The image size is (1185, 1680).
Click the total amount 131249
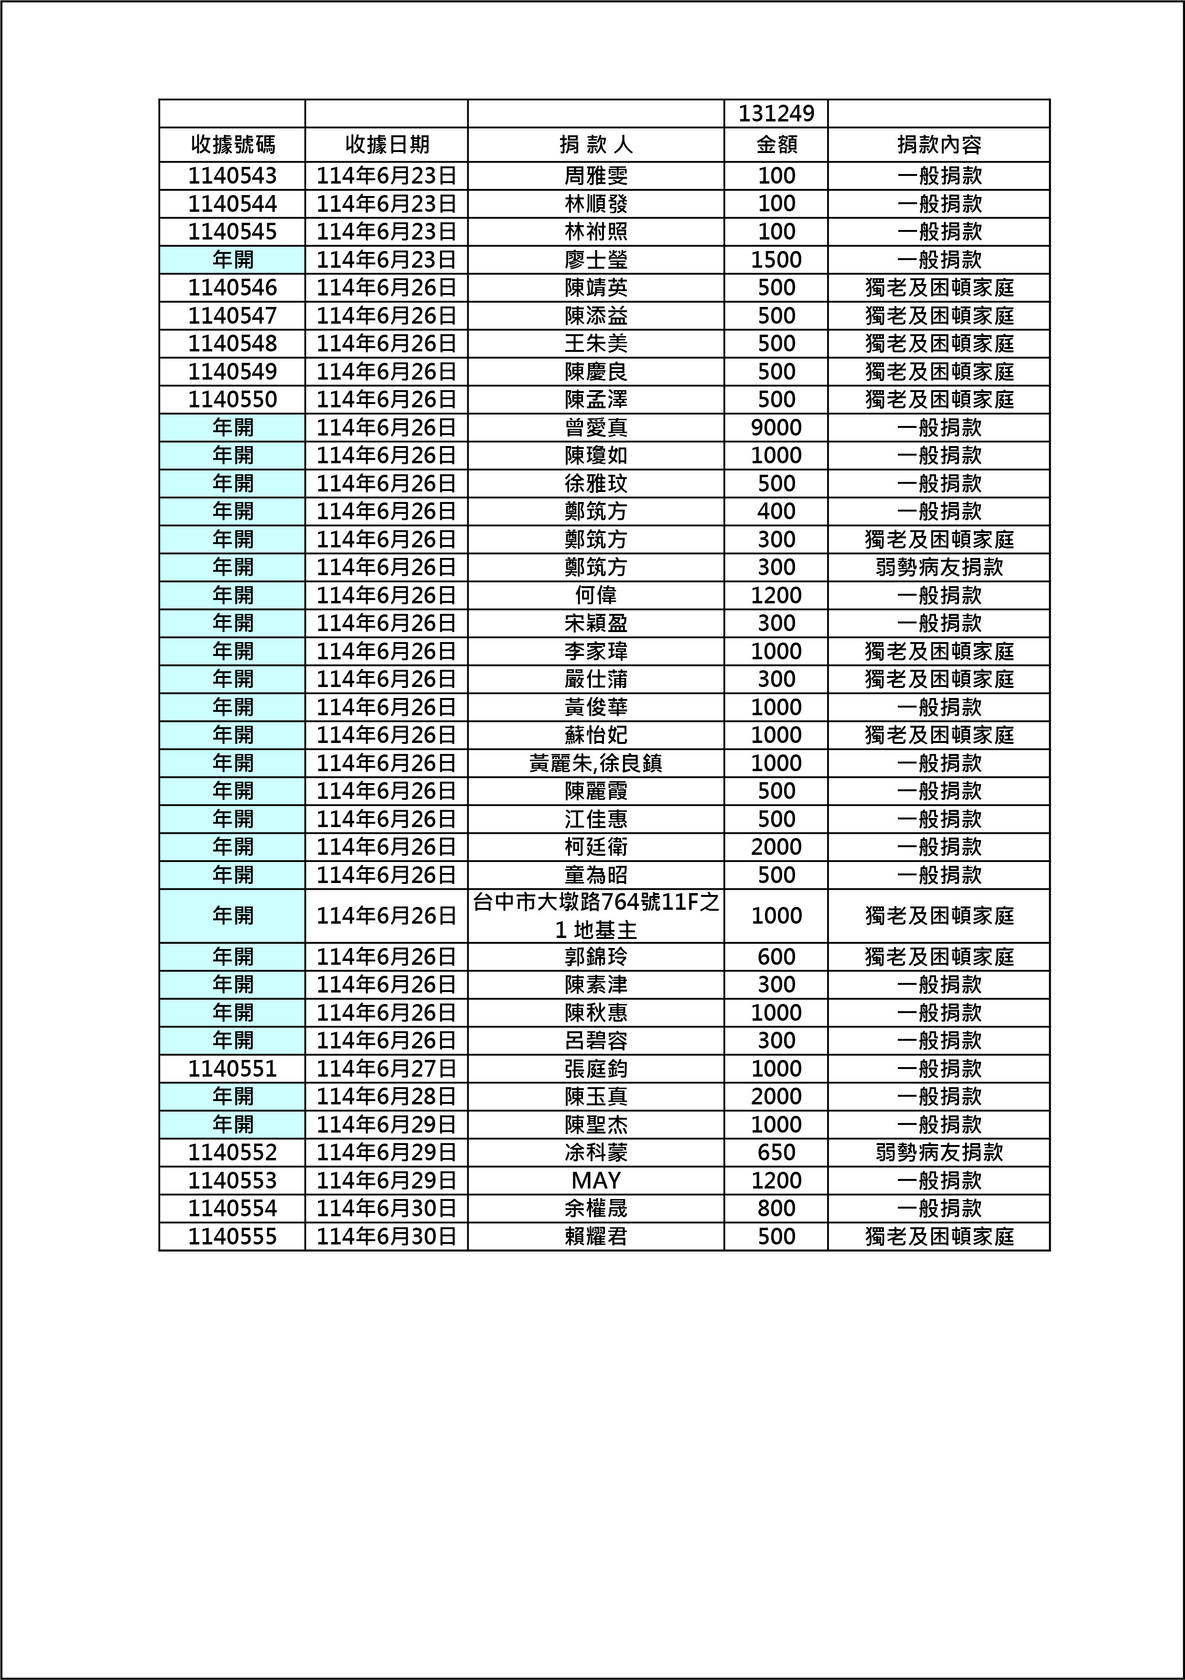(x=776, y=113)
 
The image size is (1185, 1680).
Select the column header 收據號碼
(x=233, y=145)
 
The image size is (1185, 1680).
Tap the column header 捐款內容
(x=939, y=145)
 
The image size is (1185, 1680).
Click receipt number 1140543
(x=233, y=175)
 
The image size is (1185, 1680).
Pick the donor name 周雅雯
(x=596, y=175)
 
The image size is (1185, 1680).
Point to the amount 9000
(x=776, y=427)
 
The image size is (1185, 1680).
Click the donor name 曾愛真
(x=596, y=427)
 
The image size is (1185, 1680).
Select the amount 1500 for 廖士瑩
(x=776, y=260)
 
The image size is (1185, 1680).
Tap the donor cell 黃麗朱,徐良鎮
(x=596, y=763)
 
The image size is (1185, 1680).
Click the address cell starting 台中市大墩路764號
(x=596, y=916)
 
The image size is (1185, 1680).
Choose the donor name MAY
(x=596, y=1180)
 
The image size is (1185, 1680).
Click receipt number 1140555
(x=233, y=1237)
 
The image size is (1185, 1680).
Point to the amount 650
(x=776, y=1153)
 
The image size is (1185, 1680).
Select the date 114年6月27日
(x=386, y=1069)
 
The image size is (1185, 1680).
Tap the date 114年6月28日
(x=386, y=1097)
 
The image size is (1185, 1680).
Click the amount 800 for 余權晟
(x=776, y=1208)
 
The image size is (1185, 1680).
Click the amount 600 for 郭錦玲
(x=776, y=956)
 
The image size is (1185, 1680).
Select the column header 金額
(x=776, y=145)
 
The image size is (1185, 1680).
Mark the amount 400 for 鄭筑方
(x=776, y=512)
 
